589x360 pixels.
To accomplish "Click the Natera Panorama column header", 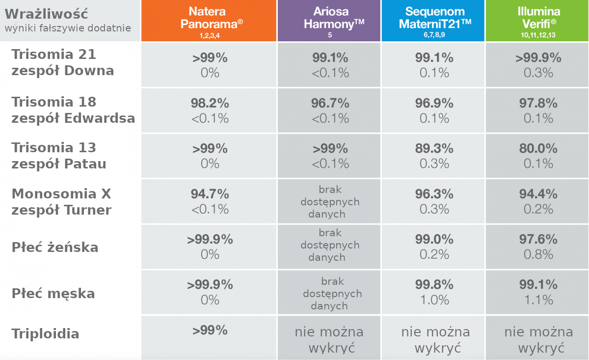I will coord(209,18).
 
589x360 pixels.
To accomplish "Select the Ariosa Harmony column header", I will coord(329,18).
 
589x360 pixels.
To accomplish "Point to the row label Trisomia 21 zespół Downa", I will coord(62,62).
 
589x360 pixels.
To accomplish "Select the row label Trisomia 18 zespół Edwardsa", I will coord(73,110).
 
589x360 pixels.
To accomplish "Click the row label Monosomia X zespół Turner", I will coord(62,202).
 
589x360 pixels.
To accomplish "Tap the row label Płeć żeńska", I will coord(55,247).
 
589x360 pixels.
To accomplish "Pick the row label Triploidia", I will coord(45,334).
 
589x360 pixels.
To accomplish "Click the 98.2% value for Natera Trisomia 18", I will coord(210,103).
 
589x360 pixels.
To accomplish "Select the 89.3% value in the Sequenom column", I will coord(434,149).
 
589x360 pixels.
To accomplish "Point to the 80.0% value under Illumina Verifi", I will coord(538,149).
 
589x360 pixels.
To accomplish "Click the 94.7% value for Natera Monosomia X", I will coord(210,194).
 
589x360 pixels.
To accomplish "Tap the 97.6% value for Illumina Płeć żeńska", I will coord(538,240).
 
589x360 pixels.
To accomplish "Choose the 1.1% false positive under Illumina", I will coord(538,300).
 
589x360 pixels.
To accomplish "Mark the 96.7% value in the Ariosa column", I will coord(330,103).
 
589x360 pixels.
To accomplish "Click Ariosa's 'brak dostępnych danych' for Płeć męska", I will coord(332,294).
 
